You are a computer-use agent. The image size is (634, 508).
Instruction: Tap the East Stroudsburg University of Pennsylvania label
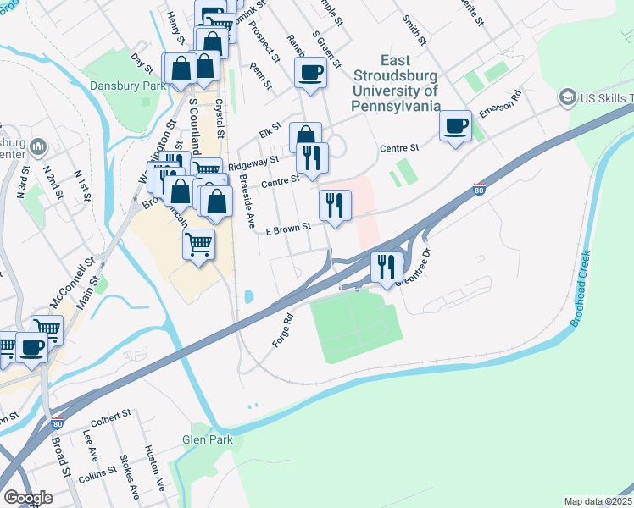coord(396,83)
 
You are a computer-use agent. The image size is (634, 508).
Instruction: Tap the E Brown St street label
coord(290,229)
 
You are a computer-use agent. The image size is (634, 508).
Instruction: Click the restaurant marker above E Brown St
coord(335,205)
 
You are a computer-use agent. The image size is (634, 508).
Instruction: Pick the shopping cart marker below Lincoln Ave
coord(198,245)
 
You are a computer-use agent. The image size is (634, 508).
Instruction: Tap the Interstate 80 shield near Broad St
coord(57,424)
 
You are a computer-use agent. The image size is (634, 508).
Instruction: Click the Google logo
coord(28,498)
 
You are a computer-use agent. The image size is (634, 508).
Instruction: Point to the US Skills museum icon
coord(565,98)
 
